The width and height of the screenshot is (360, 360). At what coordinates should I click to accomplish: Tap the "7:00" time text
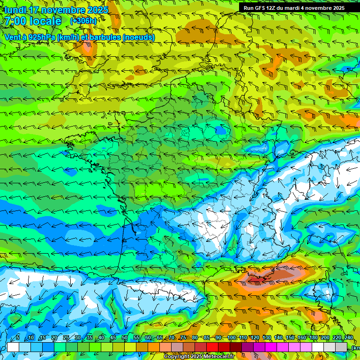15,21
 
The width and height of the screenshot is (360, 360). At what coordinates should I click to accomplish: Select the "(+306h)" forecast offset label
83,21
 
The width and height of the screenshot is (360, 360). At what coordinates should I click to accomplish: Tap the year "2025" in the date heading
97,10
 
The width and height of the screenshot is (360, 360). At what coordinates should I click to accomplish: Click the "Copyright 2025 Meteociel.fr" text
199,357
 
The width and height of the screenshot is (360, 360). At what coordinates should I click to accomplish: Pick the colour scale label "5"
18,338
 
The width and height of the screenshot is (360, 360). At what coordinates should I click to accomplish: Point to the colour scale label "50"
125,338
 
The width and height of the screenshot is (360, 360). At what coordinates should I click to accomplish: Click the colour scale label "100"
232,338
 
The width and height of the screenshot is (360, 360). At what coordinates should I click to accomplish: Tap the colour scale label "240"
348,338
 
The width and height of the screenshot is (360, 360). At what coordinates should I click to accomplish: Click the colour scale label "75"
183,338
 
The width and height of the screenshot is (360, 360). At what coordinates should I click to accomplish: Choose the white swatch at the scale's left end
13,347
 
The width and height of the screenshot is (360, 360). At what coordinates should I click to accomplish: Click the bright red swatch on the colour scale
212,347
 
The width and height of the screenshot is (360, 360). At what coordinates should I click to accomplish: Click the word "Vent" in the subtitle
13,37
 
